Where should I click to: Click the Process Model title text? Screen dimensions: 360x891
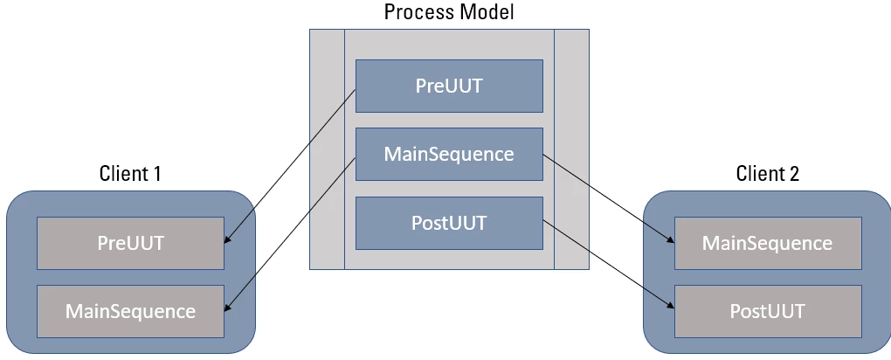[449, 12]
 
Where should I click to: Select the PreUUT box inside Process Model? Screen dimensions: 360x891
[449, 87]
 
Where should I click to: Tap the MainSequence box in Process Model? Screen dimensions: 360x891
[449, 155]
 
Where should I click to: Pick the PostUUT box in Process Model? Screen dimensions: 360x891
[449, 223]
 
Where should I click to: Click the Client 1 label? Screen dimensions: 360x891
[130, 173]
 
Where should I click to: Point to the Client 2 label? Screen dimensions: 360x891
[767, 173]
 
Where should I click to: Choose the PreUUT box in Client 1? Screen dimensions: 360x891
[130, 242]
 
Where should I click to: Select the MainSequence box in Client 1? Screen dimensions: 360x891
[130, 310]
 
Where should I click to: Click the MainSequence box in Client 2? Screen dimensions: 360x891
[767, 242]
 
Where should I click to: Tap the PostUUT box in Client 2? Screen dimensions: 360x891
[767, 310]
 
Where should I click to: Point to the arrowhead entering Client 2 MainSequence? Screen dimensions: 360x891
[670, 240]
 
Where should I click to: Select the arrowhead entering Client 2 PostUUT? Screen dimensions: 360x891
[670, 307]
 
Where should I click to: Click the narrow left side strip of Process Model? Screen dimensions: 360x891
[327, 149]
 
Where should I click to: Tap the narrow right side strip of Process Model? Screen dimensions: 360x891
[572, 149]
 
